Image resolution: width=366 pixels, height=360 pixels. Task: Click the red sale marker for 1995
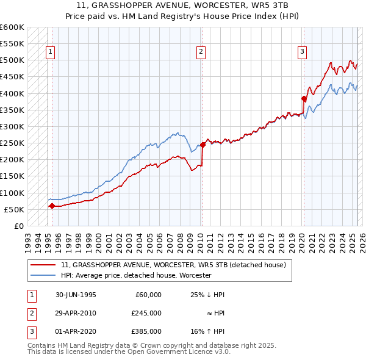(x=52, y=206)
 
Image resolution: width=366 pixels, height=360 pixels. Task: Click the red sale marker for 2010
(x=203, y=145)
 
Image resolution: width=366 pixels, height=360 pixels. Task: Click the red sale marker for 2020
(x=304, y=98)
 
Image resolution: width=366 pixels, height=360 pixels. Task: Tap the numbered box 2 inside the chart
(x=201, y=52)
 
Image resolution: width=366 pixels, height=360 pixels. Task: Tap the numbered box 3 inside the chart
(x=302, y=52)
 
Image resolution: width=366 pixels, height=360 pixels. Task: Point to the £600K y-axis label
(x=12, y=27)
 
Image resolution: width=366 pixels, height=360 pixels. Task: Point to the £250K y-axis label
(x=12, y=143)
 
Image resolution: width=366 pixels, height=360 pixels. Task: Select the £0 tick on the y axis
(x=18, y=226)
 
